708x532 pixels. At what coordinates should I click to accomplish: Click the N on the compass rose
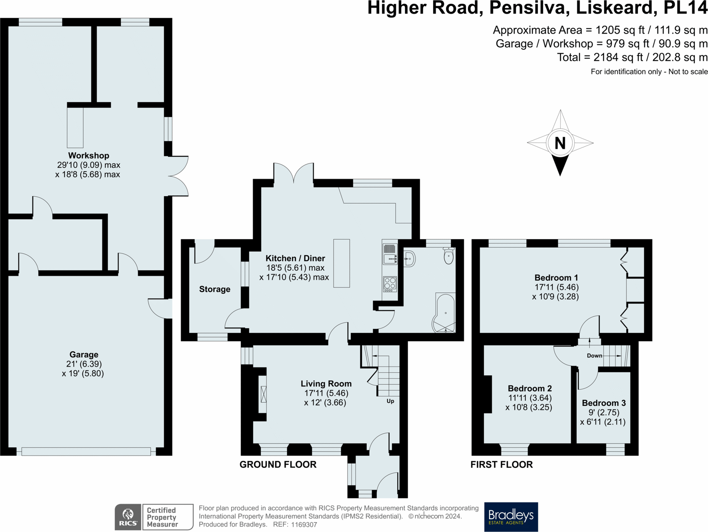point(560,143)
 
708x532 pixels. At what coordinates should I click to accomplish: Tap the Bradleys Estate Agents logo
point(511,517)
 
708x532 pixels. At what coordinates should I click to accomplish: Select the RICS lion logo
point(128,517)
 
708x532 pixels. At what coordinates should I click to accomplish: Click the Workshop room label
point(88,156)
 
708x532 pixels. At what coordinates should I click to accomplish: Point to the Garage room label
point(84,355)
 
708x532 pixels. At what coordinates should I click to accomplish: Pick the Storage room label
point(215,289)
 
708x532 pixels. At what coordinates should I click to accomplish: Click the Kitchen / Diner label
point(295,258)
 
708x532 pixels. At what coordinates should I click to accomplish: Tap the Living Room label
point(326,384)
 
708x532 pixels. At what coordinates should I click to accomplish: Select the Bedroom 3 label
point(604,403)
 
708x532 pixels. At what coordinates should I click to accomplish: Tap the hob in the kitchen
point(390,284)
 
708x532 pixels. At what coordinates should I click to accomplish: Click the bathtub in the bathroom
point(444,313)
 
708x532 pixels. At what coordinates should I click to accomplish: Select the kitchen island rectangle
point(341,263)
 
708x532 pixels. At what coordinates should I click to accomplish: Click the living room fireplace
point(263,394)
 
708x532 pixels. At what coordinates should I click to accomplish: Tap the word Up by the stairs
point(390,401)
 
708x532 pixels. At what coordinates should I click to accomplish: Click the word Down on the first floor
point(594,356)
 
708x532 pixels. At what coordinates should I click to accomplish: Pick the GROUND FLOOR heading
point(278,465)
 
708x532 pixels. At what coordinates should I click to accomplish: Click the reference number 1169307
point(304,525)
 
